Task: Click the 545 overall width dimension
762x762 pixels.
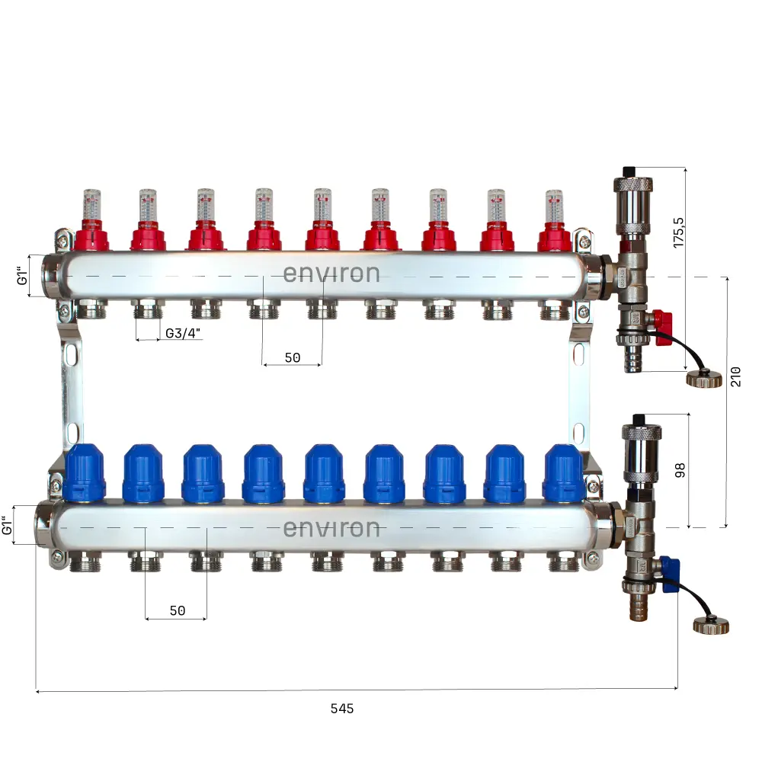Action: (342, 708)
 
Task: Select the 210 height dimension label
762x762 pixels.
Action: (735, 376)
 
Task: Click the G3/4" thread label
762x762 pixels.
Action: (184, 333)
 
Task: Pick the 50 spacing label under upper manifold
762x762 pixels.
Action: (292, 357)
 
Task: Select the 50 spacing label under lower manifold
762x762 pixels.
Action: (177, 611)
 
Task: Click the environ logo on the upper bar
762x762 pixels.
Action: (331, 274)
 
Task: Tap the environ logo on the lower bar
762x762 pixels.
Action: (331, 528)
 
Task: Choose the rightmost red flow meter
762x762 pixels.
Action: (555, 221)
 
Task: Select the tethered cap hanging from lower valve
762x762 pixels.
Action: (710, 626)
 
